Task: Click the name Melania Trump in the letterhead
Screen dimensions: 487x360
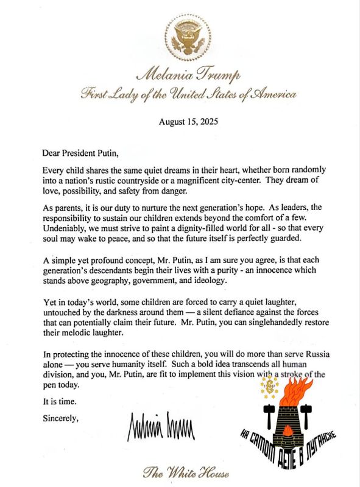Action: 181,75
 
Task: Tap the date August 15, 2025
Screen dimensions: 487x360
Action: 180,121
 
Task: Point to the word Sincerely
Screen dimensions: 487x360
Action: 61,418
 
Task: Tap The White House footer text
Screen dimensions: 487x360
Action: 181,472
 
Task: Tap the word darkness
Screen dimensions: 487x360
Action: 116,314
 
